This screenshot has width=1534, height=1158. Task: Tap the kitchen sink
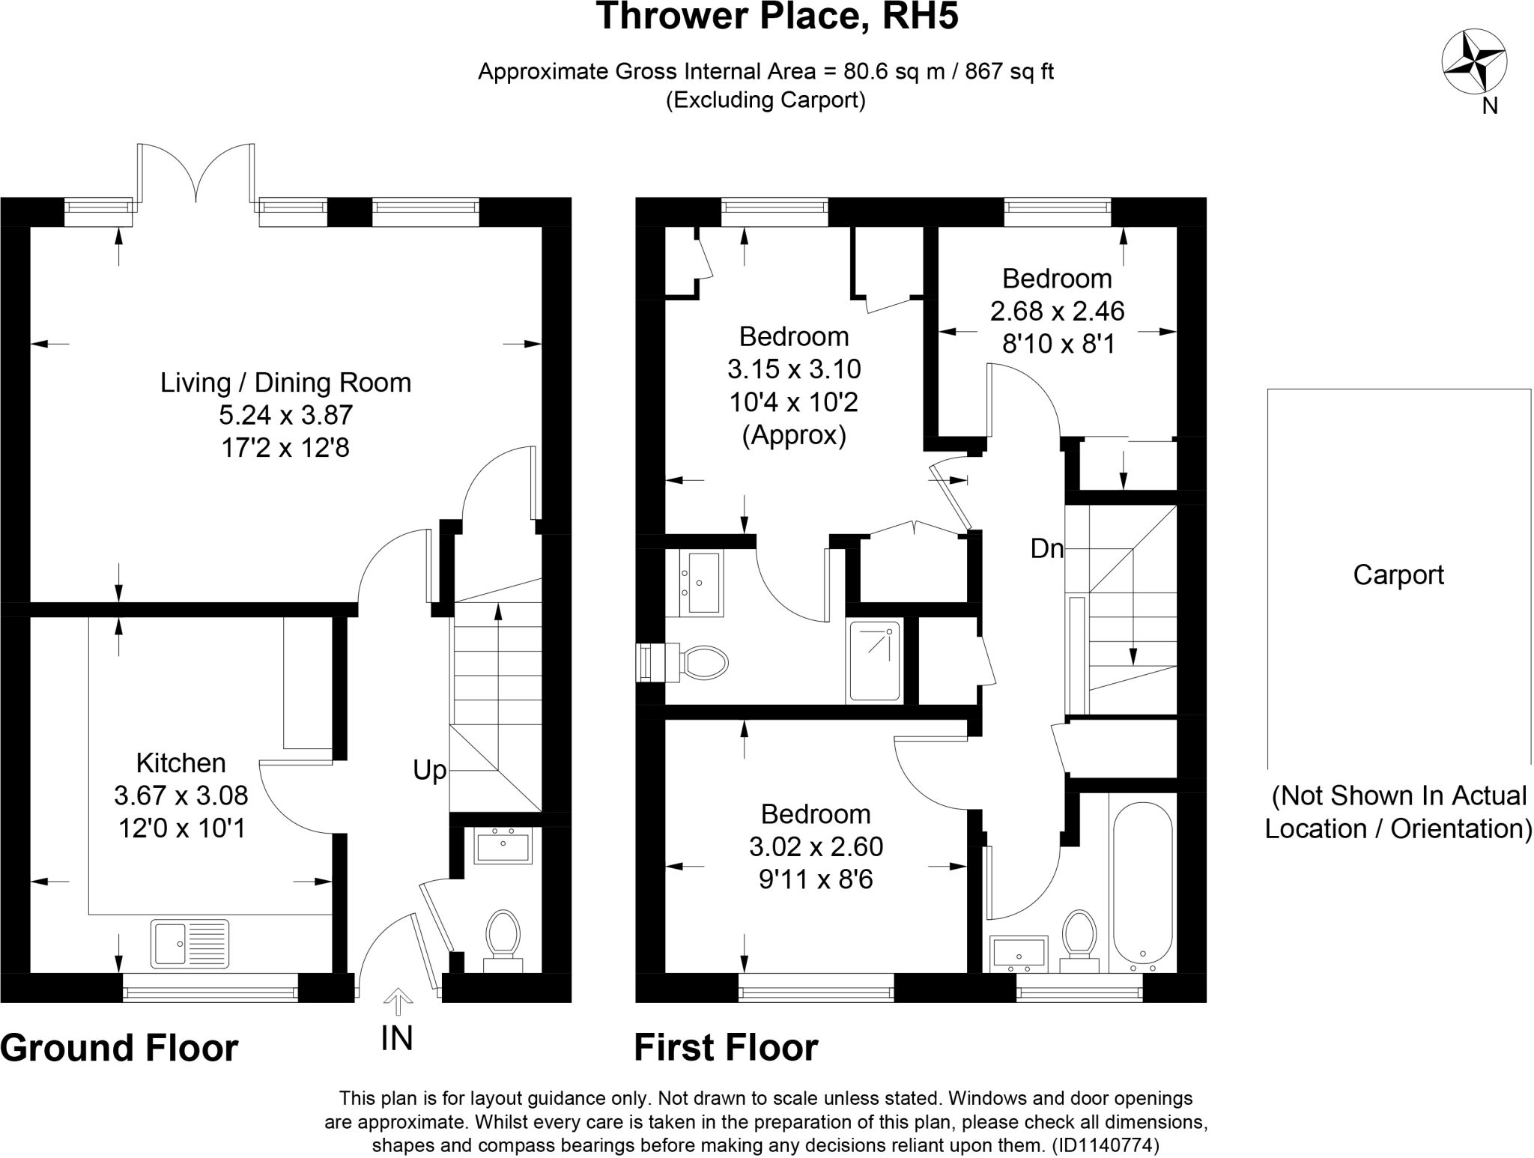[190, 942]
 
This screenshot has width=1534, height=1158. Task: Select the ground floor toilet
[503, 937]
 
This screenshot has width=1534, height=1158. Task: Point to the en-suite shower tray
[874, 661]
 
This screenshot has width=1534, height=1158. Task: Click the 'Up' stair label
[430, 770]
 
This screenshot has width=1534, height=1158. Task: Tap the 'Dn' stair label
[1046, 549]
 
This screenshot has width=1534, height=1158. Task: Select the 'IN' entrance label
[396, 1038]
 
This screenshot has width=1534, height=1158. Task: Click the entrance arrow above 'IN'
[398, 1001]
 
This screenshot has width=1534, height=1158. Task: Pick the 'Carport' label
[1398, 575]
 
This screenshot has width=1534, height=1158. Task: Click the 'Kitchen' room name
[181, 763]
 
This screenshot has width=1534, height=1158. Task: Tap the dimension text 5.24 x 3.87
[285, 415]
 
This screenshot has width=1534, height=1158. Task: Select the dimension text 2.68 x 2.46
[1057, 311]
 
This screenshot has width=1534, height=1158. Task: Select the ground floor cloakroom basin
[503, 846]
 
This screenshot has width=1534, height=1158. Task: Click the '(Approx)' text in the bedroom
[794, 435]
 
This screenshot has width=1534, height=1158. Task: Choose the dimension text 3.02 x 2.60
[816, 846]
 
